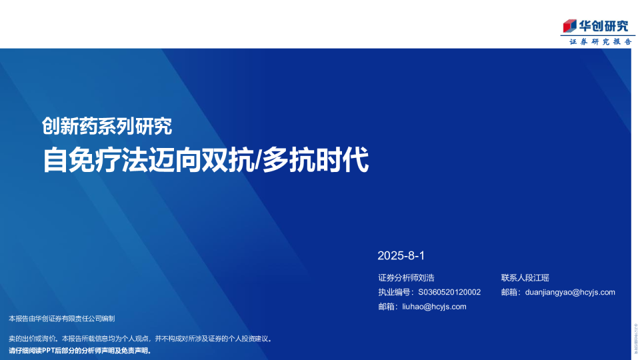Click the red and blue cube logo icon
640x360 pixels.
(569, 26)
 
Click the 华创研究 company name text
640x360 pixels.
(603, 26)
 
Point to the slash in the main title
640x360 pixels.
(258, 161)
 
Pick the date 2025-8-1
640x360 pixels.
(401, 255)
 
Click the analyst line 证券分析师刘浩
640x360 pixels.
(406, 277)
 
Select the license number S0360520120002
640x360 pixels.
(449, 292)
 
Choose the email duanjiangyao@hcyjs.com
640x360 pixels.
(570, 292)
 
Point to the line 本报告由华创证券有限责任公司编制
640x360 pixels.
(62, 319)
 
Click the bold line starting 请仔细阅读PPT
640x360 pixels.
(80, 350)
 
